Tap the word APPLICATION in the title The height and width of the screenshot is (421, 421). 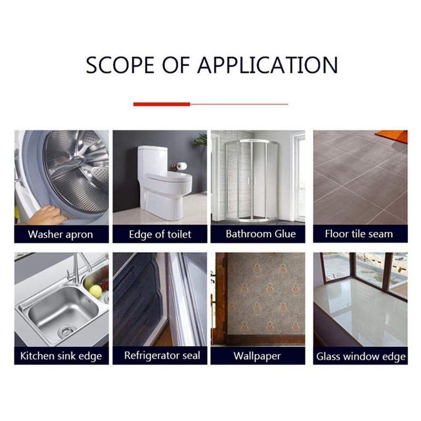[268, 65]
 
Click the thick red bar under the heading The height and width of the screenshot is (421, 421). [162, 104]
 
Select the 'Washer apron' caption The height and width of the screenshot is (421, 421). [61, 234]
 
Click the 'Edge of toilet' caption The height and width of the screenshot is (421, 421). [160, 234]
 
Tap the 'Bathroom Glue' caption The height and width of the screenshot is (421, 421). [260, 234]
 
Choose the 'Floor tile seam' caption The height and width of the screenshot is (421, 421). [359, 234]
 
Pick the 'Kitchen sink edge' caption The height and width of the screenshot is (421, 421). [61, 356]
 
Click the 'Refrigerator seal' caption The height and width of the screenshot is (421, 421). [162, 356]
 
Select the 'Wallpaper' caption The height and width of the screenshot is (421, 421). [257, 356]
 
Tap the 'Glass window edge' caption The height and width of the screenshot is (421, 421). [361, 357]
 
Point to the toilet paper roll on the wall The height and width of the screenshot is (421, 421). [182, 166]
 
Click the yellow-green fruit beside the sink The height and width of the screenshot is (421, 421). [96, 291]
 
